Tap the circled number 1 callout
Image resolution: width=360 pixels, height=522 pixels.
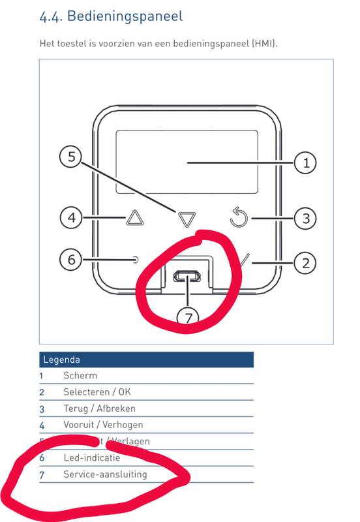305,162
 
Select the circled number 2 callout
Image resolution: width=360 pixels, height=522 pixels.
305,263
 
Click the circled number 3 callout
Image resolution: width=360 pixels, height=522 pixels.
305,217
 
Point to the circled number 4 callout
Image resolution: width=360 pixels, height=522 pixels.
72,217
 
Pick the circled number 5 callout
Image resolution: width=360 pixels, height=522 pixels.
72,157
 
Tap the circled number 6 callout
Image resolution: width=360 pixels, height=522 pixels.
72,260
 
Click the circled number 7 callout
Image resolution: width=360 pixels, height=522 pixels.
188,318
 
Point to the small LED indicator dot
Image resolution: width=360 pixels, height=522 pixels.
136,260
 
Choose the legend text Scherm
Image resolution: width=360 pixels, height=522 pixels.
80,376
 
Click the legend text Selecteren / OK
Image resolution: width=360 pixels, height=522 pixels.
97,392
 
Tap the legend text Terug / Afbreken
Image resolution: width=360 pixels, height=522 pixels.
99,408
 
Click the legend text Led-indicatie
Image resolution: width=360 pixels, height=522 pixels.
91,458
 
